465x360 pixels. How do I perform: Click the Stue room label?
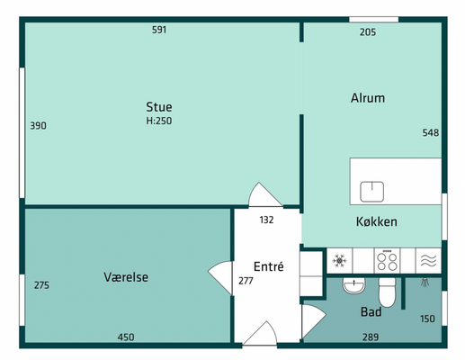pyautogui.click(x=159, y=107)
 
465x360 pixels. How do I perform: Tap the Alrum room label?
pyautogui.click(x=368, y=98)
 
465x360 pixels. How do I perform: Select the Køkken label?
pyautogui.click(x=377, y=221)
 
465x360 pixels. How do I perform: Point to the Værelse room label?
pyautogui.click(x=126, y=277)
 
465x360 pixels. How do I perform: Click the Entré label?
pyautogui.click(x=269, y=266)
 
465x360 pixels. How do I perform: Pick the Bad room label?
pyautogui.click(x=371, y=312)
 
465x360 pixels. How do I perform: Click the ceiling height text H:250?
pyautogui.click(x=159, y=121)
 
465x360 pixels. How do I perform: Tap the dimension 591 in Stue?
pyautogui.click(x=159, y=30)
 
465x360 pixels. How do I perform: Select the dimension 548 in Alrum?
pyautogui.click(x=431, y=132)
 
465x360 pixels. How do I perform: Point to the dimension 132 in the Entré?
pyautogui.click(x=266, y=220)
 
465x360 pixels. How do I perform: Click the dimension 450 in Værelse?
pyautogui.click(x=126, y=337)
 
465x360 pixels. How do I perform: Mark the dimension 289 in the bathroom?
pyautogui.click(x=371, y=337)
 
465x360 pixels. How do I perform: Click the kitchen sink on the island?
pyautogui.click(x=371, y=192)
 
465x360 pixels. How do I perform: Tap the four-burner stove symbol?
pyautogui.click(x=387, y=261)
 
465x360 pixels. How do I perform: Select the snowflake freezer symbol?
pyautogui.click(x=339, y=261)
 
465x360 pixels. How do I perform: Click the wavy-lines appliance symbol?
pyautogui.click(x=428, y=261)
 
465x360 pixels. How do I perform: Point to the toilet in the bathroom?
pyautogui.click(x=387, y=292)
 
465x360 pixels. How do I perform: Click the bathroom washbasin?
pyautogui.click(x=353, y=285)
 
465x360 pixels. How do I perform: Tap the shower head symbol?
pyautogui.click(x=425, y=283)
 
